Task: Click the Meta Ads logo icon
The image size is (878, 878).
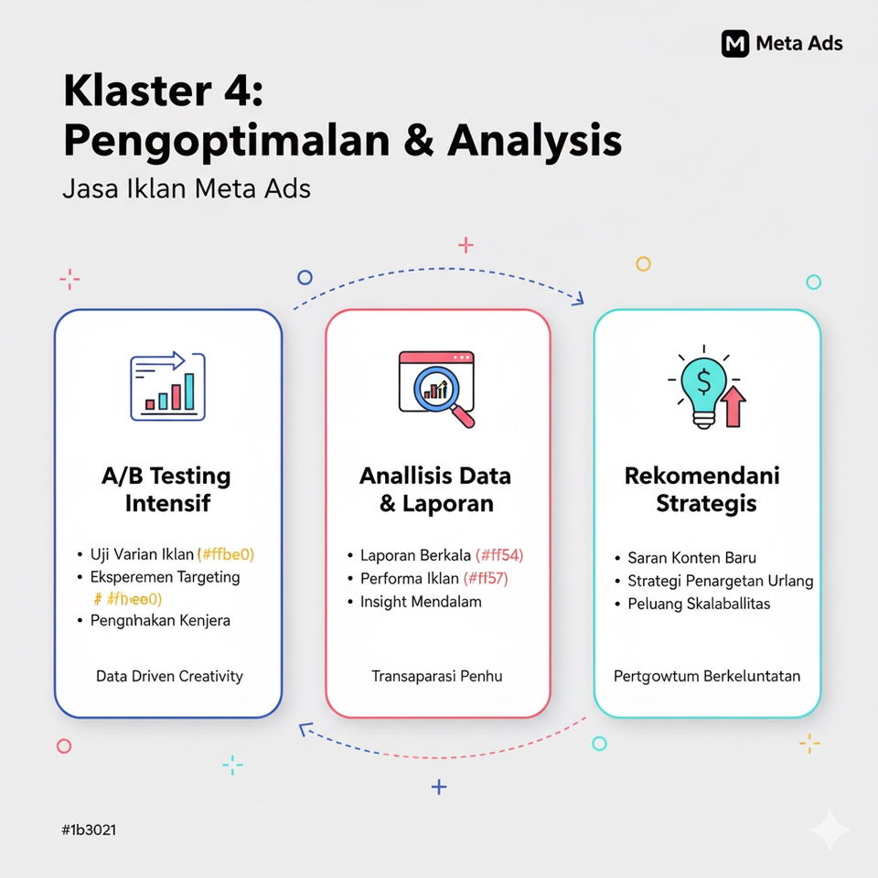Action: click(735, 43)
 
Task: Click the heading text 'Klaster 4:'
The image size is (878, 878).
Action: click(162, 94)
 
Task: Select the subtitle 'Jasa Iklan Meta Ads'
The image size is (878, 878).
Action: click(187, 189)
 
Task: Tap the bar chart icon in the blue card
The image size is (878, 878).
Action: click(168, 387)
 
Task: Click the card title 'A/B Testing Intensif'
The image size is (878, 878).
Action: click(166, 489)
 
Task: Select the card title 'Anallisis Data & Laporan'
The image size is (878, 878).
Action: click(435, 489)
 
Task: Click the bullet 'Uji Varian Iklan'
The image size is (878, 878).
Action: click(142, 553)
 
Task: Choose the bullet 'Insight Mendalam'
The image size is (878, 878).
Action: click(421, 602)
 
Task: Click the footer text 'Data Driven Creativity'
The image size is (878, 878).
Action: click(169, 677)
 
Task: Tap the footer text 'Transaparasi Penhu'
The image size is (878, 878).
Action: click(437, 677)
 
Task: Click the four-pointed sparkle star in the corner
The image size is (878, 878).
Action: click(830, 830)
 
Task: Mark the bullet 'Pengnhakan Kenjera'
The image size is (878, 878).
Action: click(160, 620)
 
